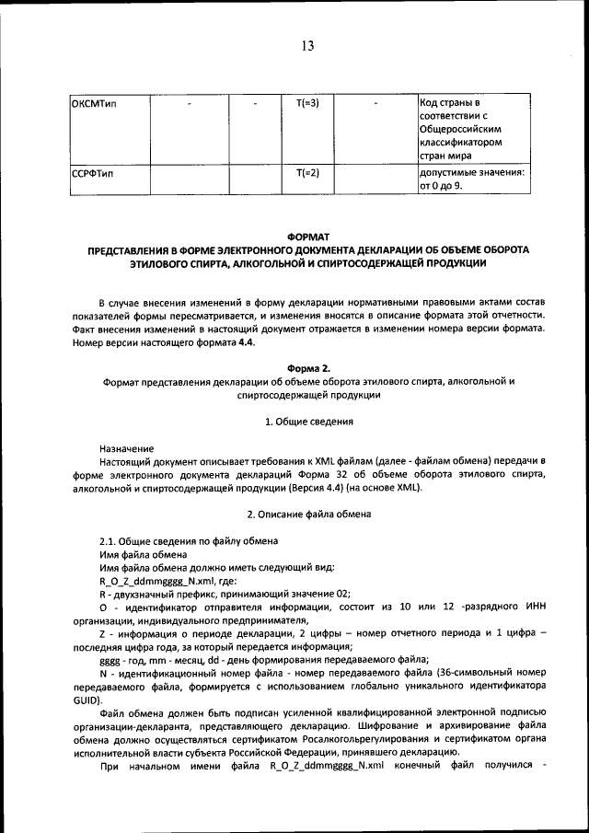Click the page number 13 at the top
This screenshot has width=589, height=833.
coord(307,47)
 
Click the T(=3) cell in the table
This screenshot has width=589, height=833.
coord(307,102)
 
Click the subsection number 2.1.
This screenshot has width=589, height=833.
coord(110,540)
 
